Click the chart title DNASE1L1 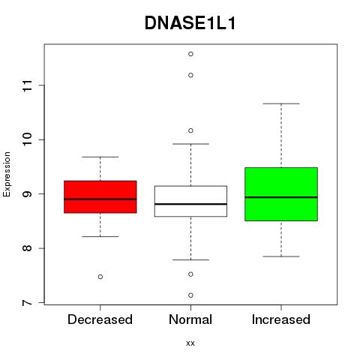[190, 23]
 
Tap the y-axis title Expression [7, 174]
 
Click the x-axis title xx [190, 343]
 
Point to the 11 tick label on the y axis [27, 85]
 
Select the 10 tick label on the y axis [27, 139]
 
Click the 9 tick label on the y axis [27, 194]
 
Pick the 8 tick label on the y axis [27, 248]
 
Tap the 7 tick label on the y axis [27, 302]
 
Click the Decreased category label [100, 319]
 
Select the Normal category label [190, 319]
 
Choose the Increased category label [281, 319]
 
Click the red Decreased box [100, 196]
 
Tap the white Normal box [190, 201]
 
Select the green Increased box [281, 194]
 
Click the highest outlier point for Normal [190, 54]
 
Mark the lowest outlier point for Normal [190, 295]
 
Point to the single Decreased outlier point [100, 277]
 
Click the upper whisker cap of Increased [281, 103]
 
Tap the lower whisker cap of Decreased [100, 236]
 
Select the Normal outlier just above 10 [190, 130]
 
